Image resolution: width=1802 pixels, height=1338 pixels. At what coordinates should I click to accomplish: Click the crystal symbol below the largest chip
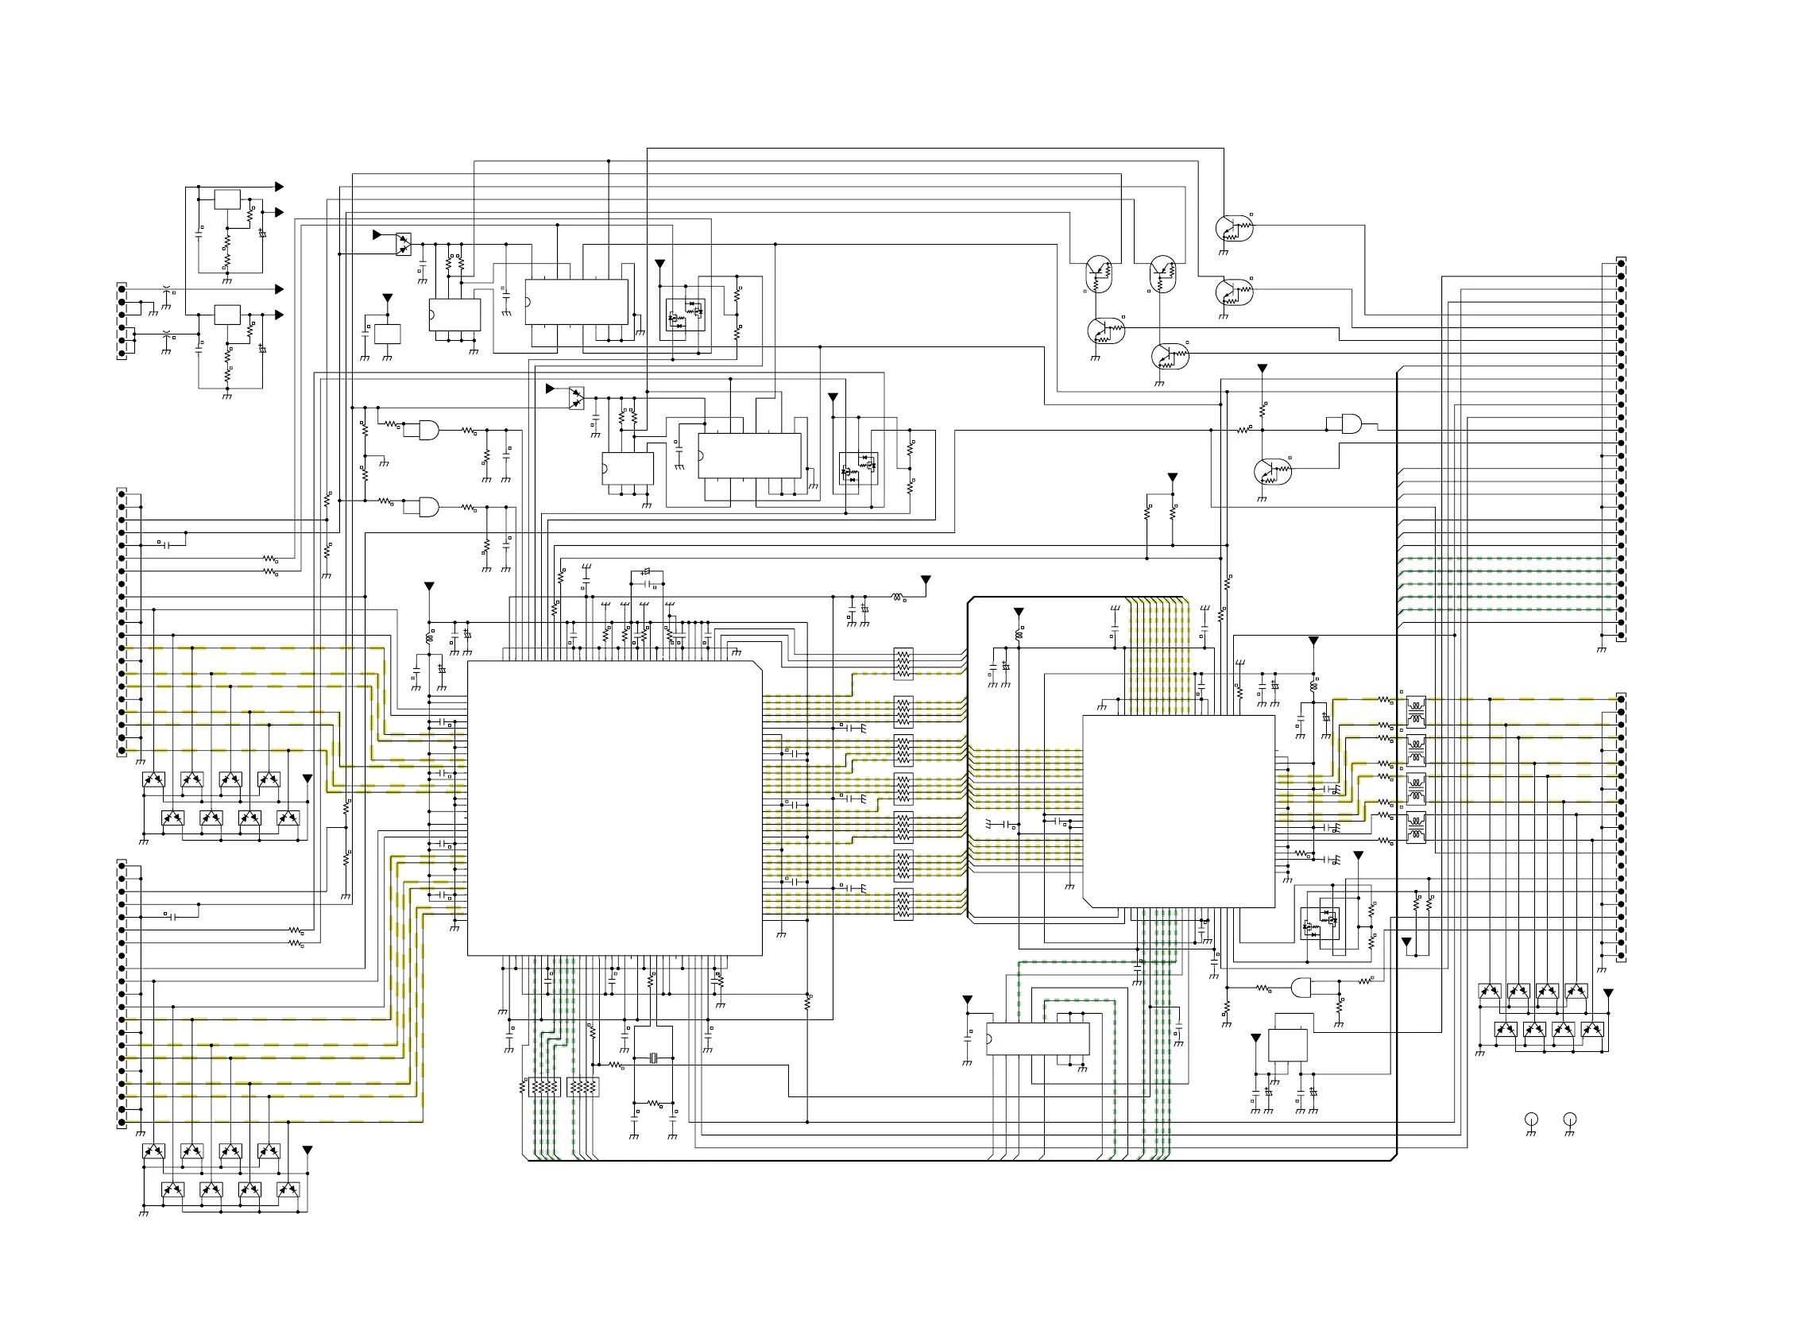click(654, 1058)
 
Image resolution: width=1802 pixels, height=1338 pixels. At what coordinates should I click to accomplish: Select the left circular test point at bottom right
click(1531, 1119)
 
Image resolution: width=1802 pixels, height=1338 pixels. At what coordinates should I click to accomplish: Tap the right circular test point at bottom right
click(1569, 1119)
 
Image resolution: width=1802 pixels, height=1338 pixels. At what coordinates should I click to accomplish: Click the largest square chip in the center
click(614, 807)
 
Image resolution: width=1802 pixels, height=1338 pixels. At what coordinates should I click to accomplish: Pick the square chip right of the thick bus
click(1178, 810)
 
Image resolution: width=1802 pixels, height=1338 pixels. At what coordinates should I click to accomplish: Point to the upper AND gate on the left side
click(428, 429)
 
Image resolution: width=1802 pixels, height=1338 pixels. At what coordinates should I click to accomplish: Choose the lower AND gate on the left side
click(428, 507)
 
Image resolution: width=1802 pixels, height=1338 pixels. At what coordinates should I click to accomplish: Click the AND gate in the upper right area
click(1351, 423)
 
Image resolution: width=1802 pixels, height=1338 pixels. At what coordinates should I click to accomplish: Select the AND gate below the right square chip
click(1301, 988)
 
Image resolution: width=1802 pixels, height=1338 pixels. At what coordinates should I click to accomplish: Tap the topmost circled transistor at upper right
click(1234, 228)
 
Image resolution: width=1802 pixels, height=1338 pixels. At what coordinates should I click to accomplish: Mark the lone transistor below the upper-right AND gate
click(1272, 471)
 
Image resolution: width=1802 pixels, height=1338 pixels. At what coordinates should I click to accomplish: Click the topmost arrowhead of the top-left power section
click(280, 186)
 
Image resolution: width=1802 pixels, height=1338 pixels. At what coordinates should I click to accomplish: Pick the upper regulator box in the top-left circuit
click(227, 199)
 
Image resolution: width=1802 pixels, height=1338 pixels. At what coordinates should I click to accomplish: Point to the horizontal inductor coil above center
click(897, 597)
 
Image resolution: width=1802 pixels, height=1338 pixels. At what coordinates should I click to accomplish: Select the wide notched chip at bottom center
click(1038, 1038)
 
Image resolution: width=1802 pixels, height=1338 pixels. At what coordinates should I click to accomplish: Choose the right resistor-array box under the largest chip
click(583, 1086)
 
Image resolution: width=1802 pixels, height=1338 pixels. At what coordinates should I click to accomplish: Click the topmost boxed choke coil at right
click(1416, 706)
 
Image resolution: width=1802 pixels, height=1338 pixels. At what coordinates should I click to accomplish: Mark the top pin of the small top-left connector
click(122, 288)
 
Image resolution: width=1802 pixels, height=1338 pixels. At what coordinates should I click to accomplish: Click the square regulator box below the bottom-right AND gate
click(1287, 1044)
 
